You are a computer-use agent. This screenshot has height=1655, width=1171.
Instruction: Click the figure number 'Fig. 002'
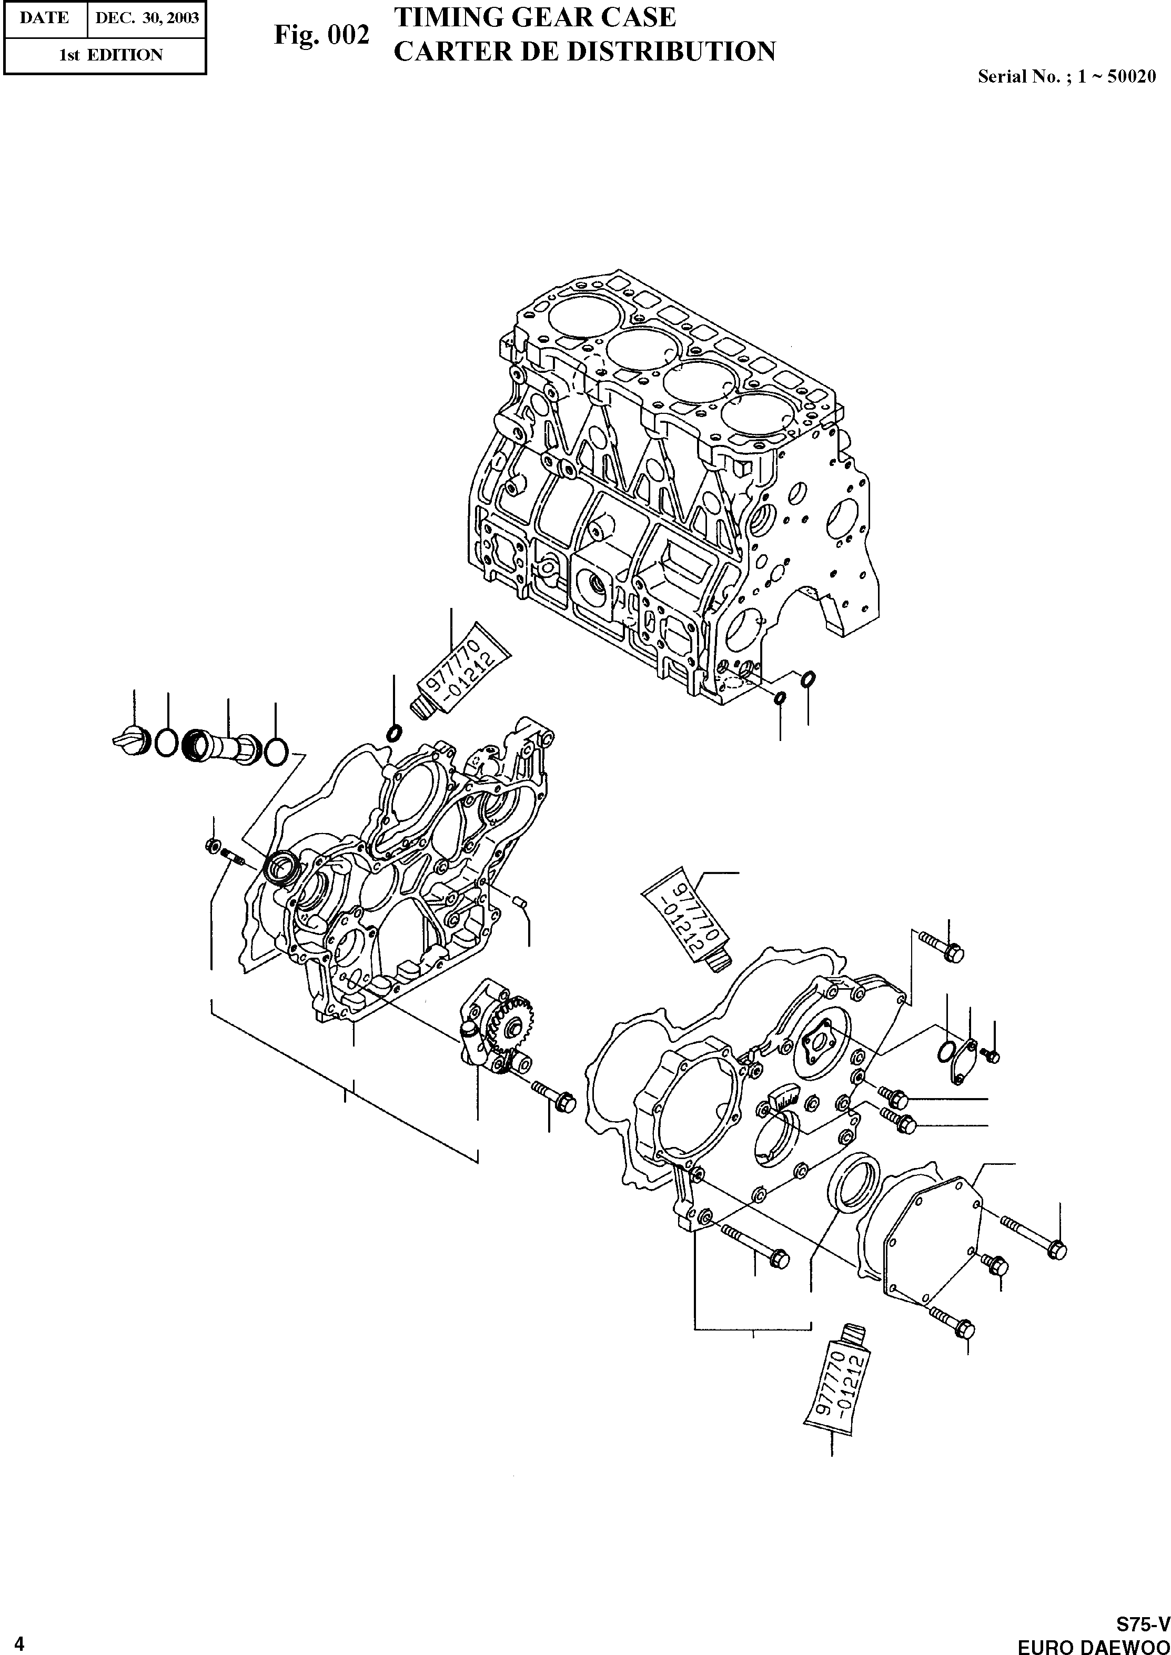tap(321, 35)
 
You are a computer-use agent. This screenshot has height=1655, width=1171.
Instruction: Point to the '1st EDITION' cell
tap(110, 55)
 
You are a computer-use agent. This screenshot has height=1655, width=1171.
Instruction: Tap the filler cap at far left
tap(131, 740)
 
